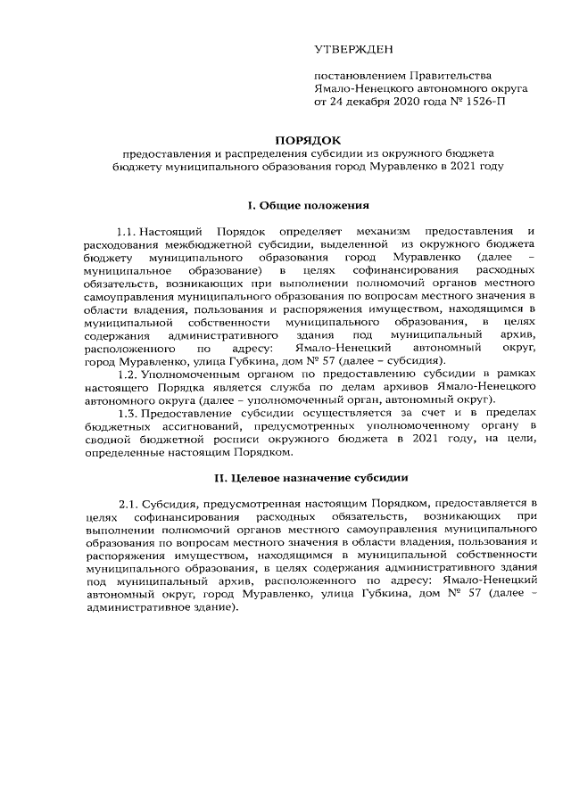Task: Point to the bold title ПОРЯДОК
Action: (308, 140)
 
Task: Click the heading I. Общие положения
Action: (308, 205)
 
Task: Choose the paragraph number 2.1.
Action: (128, 506)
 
